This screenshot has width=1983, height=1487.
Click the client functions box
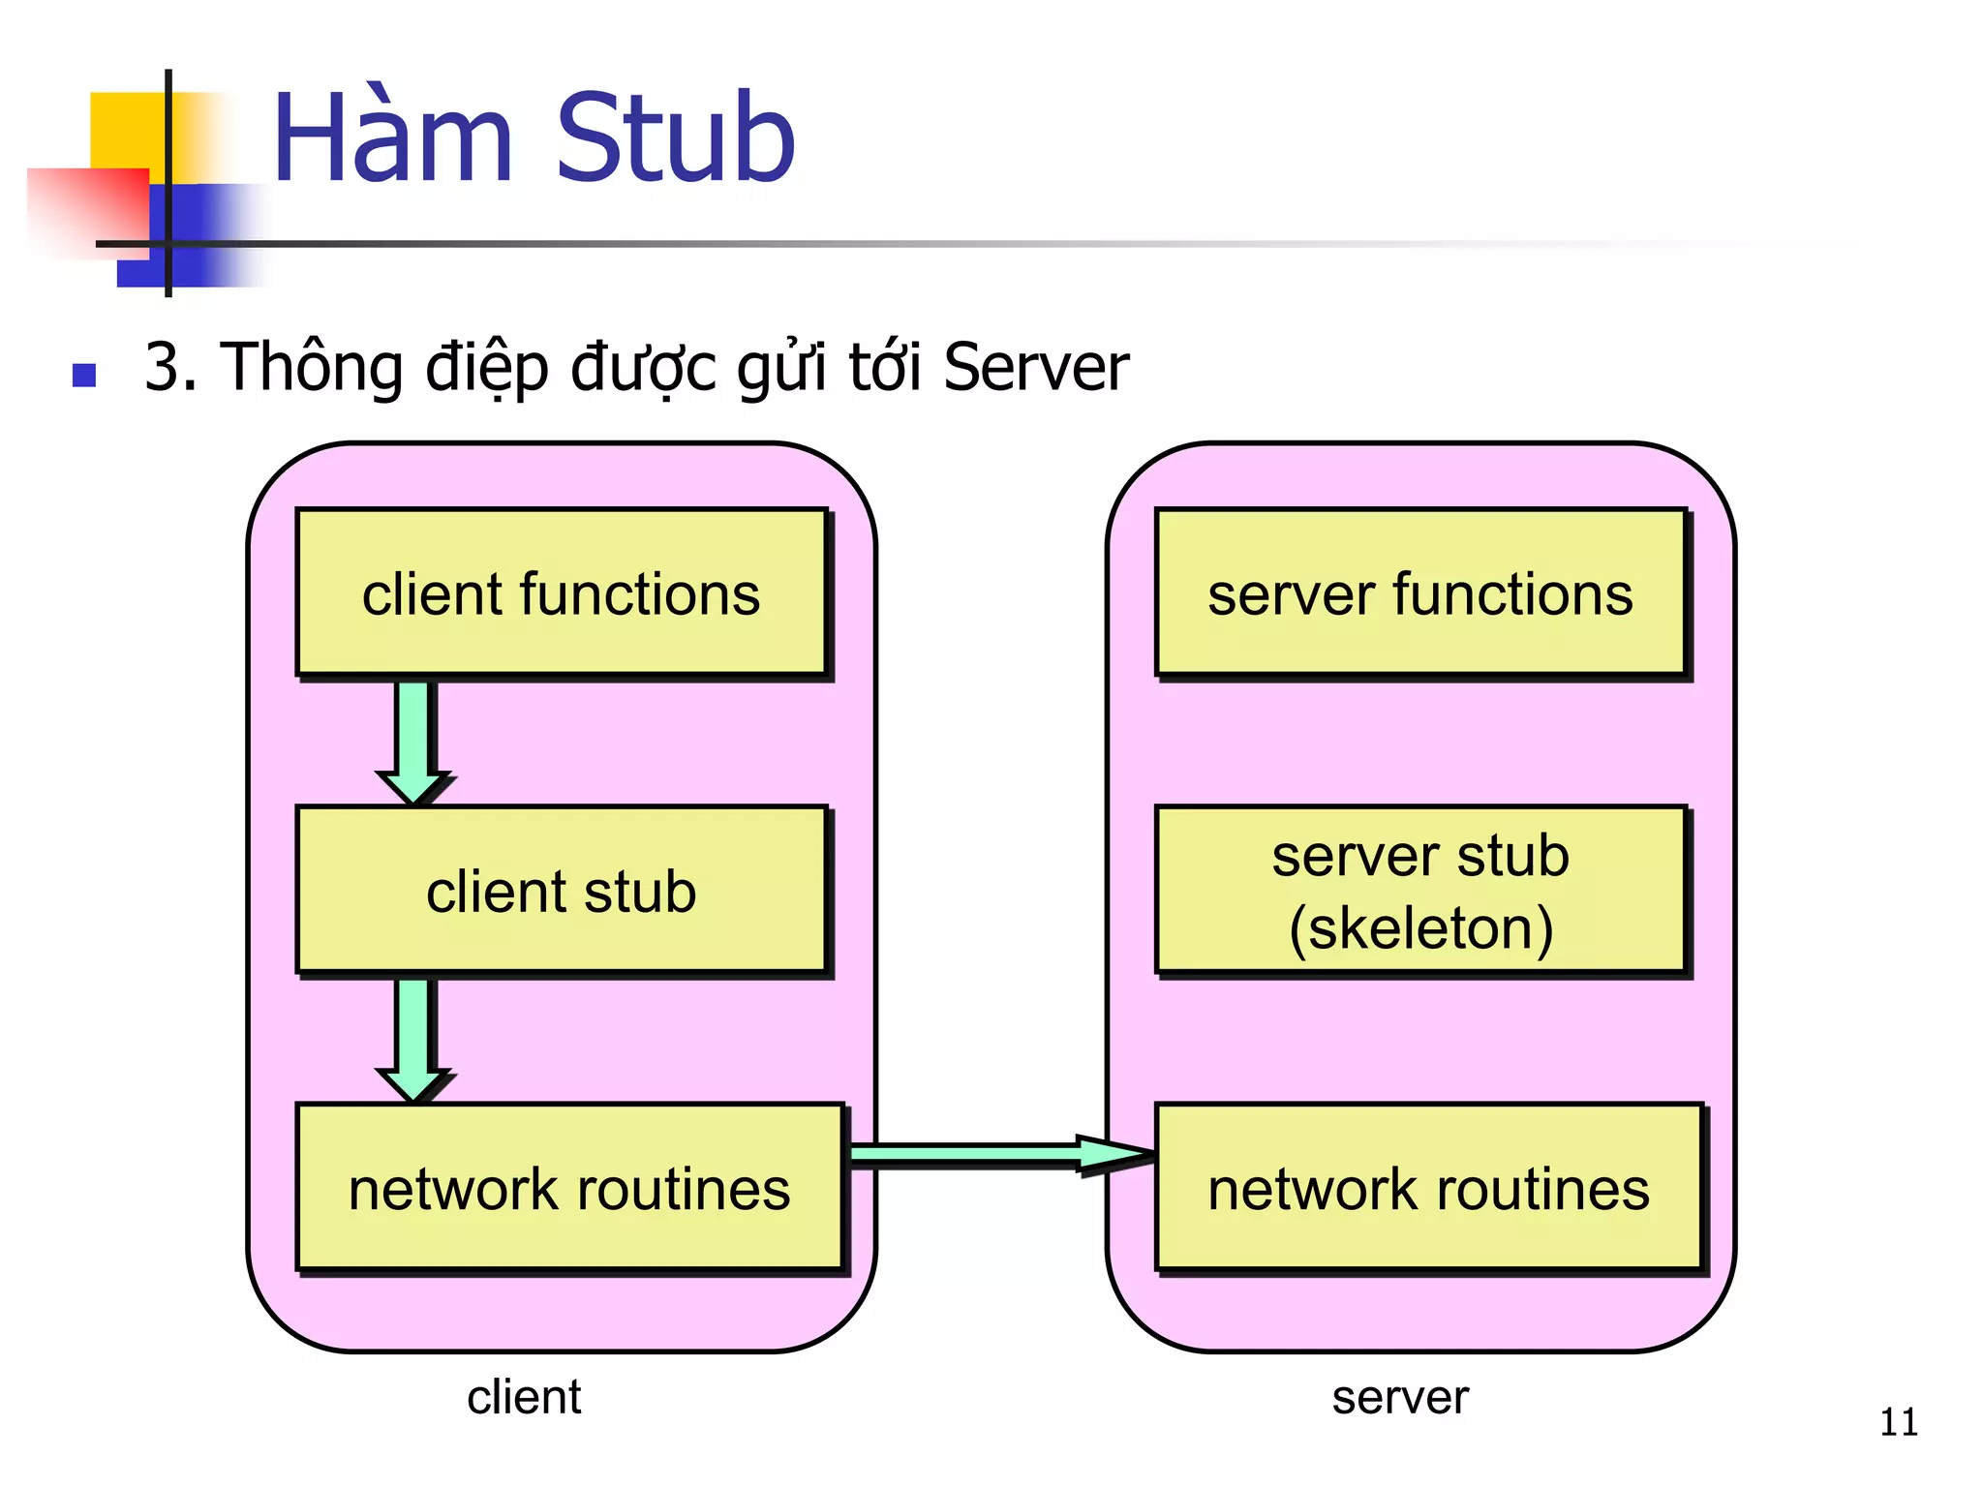pos(562,592)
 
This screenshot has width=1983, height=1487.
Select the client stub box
pos(562,890)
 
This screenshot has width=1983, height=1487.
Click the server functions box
pos(1420,592)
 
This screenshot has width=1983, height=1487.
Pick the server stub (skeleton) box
pos(1420,890)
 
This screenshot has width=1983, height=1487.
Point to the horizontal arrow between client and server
pos(997,1153)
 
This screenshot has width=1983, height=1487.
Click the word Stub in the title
pos(675,137)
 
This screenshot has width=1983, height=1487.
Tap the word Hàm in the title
pos(392,137)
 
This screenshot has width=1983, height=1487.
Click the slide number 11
pos(1898,1422)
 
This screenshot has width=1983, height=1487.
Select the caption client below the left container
pos(524,1397)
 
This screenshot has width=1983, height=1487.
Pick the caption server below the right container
pos(1400,1397)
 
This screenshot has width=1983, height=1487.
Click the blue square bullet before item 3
pos(84,375)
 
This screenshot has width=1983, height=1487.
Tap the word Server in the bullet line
pos(1035,368)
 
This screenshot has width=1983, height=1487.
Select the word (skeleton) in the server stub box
pos(1420,927)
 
